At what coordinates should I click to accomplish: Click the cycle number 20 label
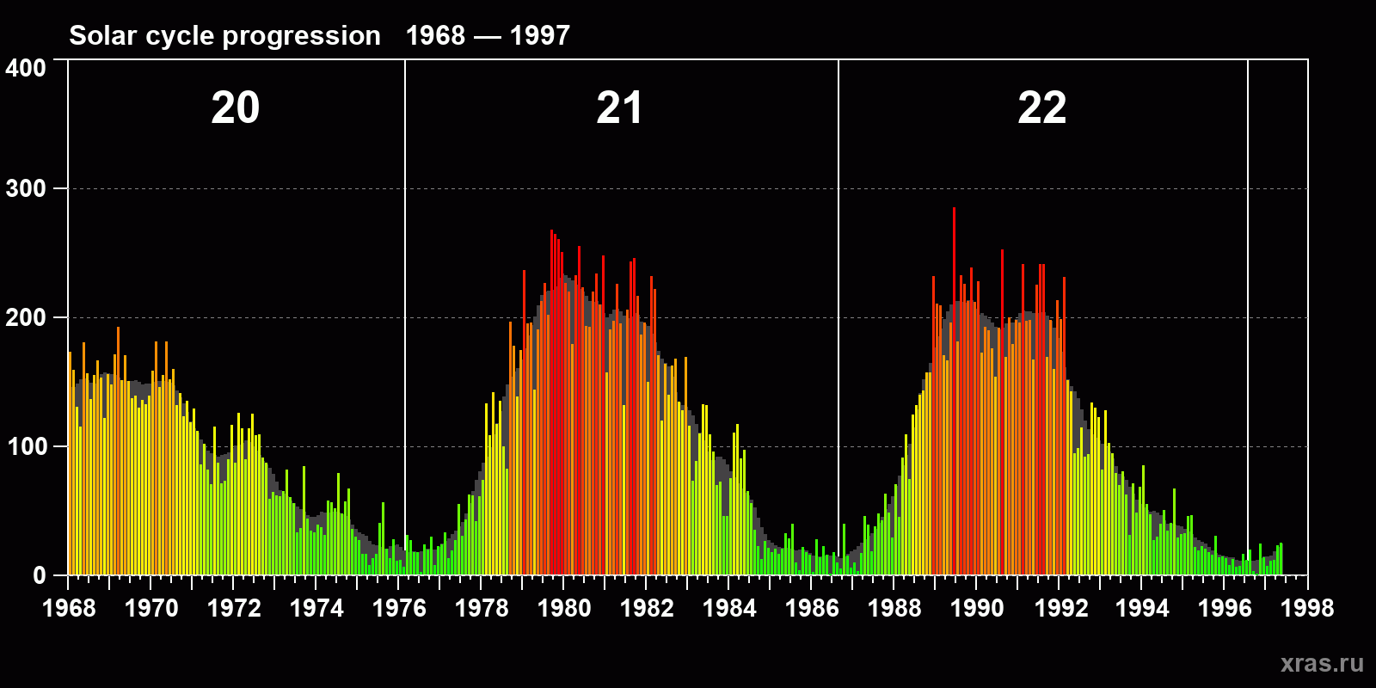tap(235, 108)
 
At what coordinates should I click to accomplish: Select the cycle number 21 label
tap(619, 108)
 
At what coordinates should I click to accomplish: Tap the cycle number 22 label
tap(1041, 108)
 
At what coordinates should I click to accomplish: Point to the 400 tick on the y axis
tap(26, 68)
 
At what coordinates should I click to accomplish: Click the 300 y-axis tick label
tap(26, 189)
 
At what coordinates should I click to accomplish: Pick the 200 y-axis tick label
tap(26, 318)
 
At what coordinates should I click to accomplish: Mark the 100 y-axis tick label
tap(26, 447)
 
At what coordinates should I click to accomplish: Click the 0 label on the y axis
tap(39, 575)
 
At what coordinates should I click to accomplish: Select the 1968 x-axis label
tap(69, 609)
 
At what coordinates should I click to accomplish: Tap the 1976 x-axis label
tap(399, 609)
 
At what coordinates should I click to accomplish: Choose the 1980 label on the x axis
tap(564, 609)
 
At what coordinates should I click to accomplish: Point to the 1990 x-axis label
tap(977, 609)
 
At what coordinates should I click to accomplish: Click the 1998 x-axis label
tap(1307, 609)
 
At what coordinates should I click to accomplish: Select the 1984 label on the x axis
tap(729, 609)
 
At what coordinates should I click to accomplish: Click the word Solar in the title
tap(97, 36)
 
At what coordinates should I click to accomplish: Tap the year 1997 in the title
tap(540, 36)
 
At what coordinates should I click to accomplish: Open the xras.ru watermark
tap(1322, 663)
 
